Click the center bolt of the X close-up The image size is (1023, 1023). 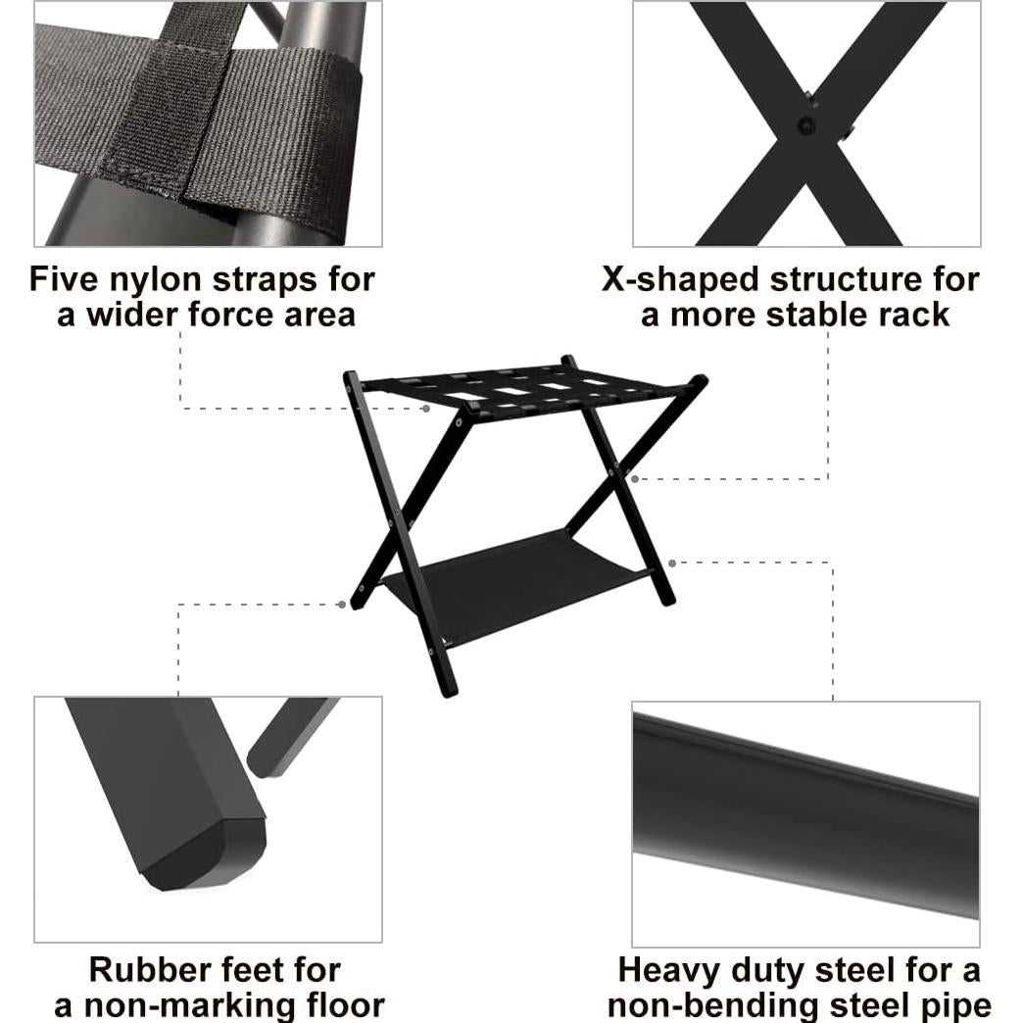805,124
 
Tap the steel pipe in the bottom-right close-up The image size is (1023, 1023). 804,813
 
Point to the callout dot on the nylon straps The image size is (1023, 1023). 427,408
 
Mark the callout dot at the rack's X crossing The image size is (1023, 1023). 635,479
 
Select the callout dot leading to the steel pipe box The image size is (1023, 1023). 672,562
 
